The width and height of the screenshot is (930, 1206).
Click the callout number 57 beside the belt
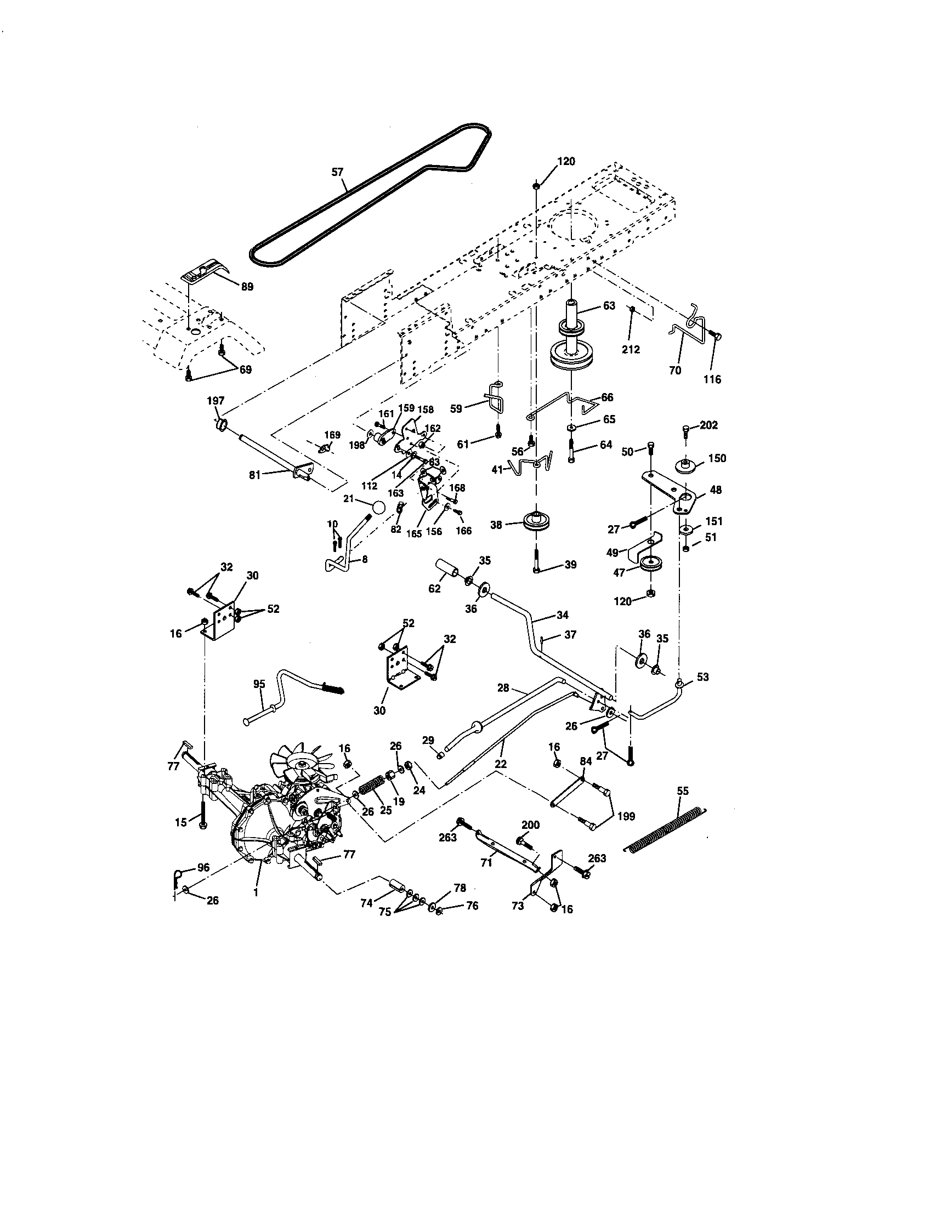point(337,172)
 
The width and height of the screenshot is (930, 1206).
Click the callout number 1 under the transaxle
point(256,891)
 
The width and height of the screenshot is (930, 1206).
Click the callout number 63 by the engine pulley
point(609,305)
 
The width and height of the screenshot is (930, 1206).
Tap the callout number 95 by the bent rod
point(259,684)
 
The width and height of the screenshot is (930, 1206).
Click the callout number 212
point(631,350)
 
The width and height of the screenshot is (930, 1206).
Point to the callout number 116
point(712,379)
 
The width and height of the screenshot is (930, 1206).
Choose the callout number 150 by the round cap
point(717,458)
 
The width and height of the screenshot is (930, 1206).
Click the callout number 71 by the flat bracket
point(486,862)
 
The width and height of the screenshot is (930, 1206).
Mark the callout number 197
point(216,401)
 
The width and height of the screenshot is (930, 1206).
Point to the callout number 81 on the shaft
point(254,474)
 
